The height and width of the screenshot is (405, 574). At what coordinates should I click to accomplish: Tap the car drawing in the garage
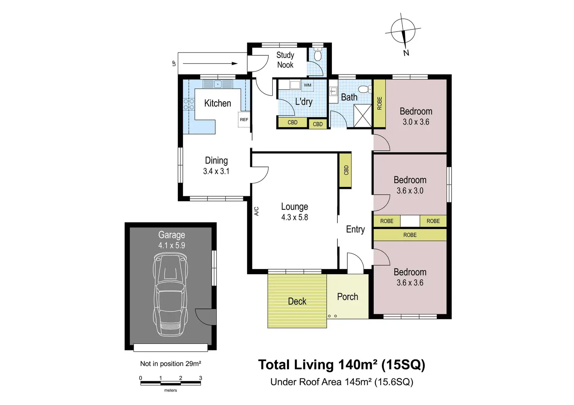click(x=170, y=294)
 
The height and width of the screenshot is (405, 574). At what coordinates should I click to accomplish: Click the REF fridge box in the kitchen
click(x=244, y=120)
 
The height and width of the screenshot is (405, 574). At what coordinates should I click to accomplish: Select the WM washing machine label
click(x=308, y=85)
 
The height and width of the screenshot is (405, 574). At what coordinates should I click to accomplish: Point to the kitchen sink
click(x=218, y=84)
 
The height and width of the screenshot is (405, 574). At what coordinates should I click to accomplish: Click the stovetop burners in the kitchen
click(x=189, y=104)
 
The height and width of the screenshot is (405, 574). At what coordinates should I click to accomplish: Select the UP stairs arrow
click(x=210, y=63)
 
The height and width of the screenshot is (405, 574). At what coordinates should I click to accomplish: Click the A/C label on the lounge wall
click(x=257, y=211)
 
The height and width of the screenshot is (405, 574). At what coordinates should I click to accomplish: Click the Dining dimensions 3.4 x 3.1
click(x=216, y=171)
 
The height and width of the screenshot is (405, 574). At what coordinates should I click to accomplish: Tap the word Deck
click(x=297, y=301)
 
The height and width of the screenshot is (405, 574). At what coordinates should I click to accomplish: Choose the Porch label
click(x=347, y=297)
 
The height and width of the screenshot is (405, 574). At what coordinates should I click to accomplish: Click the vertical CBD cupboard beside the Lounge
click(x=345, y=170)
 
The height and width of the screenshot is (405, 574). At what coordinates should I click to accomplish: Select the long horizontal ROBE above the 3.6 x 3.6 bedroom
click(x=410, y=235)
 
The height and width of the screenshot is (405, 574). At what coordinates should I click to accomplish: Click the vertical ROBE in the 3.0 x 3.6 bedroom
click(x=379, y=103)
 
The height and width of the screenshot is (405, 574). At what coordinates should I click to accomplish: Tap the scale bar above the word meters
click(x=170, y=383)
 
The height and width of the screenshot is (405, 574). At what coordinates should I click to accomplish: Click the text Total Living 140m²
click(x=317, y=364)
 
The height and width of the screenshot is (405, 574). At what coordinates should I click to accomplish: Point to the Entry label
click(x=355, y=229)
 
